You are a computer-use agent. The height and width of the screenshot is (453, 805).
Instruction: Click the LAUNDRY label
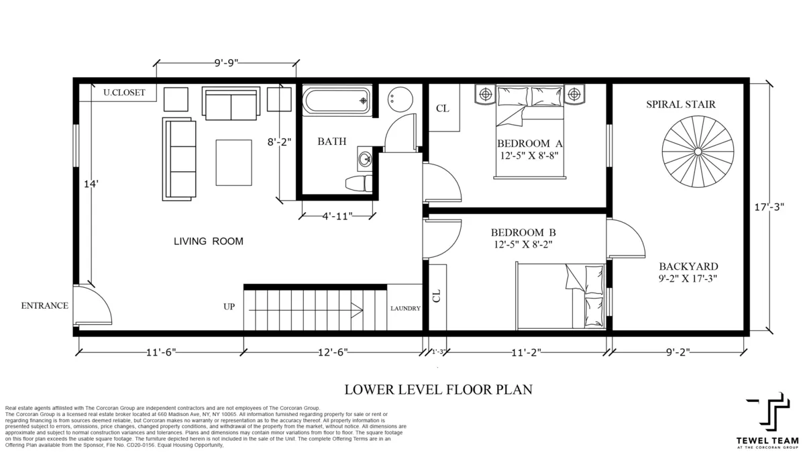pyautogui.click(x=406, y=309)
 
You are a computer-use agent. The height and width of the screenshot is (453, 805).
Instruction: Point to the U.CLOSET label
pyautogui.click(x=123, y=93)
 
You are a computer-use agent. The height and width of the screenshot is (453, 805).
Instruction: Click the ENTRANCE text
pyautogui.click(x=44, y=305)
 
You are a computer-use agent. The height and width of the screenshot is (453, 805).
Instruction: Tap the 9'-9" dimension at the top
pyautogui.click(x=226, y=63)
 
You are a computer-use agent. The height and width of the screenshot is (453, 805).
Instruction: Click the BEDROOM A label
pyautogui.click(x=529, y=143)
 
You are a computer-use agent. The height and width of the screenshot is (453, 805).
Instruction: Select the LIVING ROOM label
pyautogui.click(x=208, y=241)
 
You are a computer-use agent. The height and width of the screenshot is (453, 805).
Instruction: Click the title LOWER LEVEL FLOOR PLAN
pyautogui.click(x=438, y=389)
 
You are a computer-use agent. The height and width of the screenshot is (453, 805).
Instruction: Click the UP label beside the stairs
pyautogui.click(x=229, y=307)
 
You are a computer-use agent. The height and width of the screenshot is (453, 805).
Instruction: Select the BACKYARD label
pyautogui.click(x=688, y=266)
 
